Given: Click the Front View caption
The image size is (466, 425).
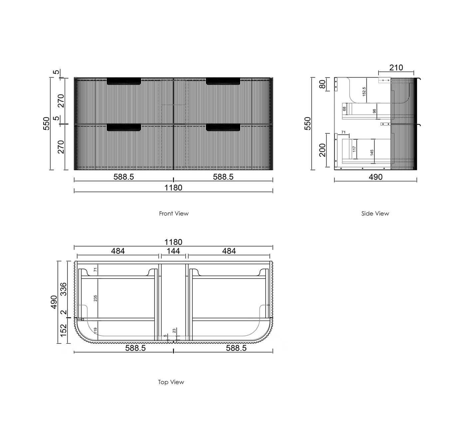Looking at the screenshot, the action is coord(174,213).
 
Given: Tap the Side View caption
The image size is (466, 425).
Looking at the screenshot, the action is coord(375,213).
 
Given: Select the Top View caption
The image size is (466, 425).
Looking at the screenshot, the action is coord(171,382).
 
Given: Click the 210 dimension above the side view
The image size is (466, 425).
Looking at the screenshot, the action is coord(396,68).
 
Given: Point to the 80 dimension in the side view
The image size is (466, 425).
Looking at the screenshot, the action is coord(323,84).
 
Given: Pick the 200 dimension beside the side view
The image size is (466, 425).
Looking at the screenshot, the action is coord(323,150).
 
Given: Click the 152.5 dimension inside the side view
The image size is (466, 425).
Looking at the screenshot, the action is coord(364,92).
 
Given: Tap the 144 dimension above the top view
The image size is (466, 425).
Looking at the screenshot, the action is coord(173,251).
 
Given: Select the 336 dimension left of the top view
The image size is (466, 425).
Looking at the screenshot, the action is coord(64,289).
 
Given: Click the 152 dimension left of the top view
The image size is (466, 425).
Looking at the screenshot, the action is coord(64,330).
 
